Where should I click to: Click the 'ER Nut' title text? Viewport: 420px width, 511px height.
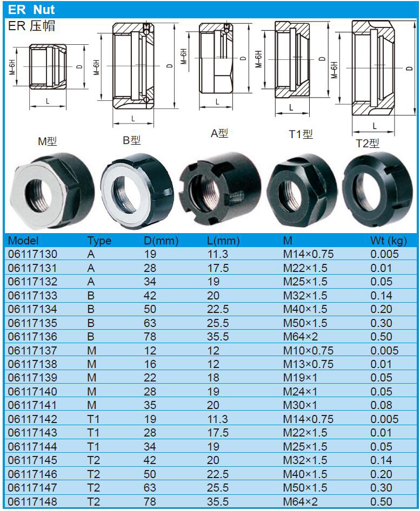(31, 10)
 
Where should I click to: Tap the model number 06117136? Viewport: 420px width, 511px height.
(32, 336)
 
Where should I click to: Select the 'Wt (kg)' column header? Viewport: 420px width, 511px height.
(389, 241)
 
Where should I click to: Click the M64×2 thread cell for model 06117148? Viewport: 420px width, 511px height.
(300, 501)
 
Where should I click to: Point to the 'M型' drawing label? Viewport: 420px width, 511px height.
(48, 141)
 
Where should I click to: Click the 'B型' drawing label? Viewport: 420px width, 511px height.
(131, 140)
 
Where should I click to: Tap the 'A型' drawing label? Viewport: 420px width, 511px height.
(219, 133)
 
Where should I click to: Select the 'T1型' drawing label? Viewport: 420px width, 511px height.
(301, 134)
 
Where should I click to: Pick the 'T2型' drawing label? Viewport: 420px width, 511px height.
(368, 144)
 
